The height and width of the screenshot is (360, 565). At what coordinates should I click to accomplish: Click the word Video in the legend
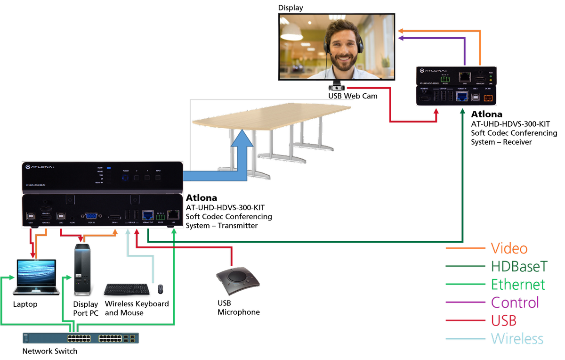(509, 248)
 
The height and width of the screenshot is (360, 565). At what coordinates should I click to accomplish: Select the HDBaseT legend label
(519, 267)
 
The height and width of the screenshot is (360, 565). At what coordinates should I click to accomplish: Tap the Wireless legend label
(517, 338)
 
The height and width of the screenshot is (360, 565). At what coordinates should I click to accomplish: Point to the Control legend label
(515, 303)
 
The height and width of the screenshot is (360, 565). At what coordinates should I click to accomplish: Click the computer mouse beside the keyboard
(161, 289)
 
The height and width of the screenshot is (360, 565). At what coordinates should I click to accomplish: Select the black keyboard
(126, 289)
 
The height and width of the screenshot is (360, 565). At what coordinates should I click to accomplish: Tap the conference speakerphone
(237, 281)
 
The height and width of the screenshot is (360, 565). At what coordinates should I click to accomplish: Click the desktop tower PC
(82, 269)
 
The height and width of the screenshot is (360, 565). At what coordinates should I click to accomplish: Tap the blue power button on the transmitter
(126, 178)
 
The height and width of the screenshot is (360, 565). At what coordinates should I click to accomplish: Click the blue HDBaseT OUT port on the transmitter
(147, 215)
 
